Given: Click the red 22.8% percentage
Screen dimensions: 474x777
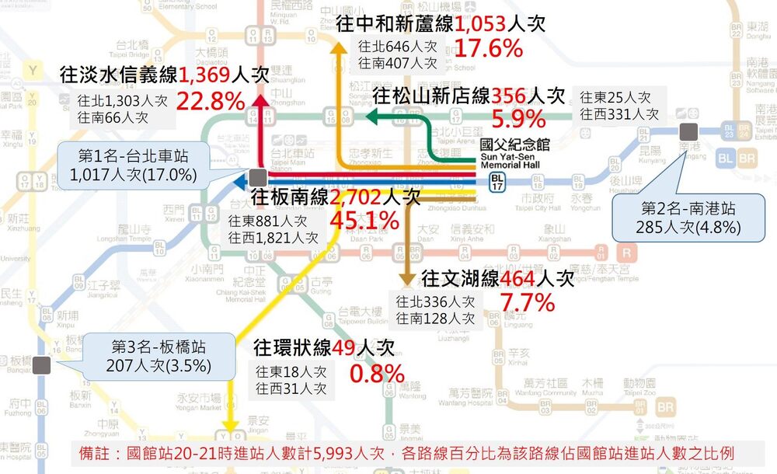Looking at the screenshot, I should point(211,101).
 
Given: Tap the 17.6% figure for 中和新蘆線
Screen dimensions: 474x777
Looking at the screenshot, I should point(488,49).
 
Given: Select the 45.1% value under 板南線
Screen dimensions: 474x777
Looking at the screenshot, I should point(365,221).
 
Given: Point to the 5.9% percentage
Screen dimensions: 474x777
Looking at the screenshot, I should point(519,119).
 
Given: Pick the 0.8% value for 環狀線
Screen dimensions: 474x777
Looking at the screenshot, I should point(377,373).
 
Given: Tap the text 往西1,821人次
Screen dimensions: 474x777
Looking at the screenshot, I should point(274,236).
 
